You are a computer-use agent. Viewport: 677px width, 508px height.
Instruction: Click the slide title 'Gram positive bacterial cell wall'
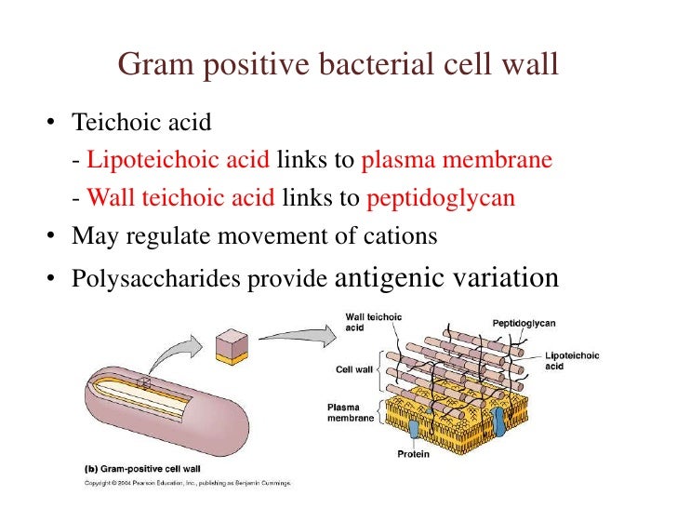click(x=338, y=66)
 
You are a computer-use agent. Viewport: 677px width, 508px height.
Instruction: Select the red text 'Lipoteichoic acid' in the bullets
click(x=179, y=160)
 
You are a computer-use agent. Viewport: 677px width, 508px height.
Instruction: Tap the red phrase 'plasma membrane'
click(x=457, y=160)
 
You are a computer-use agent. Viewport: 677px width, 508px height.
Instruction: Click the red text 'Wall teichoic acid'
click(x=180, y=198)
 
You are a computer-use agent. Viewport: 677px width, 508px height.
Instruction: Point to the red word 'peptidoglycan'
click(x=441, y=198)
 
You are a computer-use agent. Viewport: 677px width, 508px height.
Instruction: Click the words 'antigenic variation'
click(x=445, y=277)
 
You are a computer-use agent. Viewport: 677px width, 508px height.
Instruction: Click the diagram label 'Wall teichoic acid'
click(x=373, y=322)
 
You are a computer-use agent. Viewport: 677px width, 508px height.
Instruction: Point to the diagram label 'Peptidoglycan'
click(x=523, y=323)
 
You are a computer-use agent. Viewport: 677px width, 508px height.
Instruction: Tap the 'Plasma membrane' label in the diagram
click(x=351, y=412)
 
